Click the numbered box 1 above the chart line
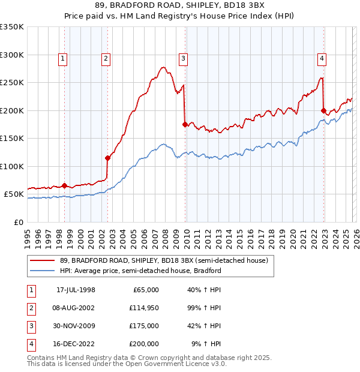pyautogui.click(x=64, y=58)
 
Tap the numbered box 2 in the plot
pyautogui.click(x=106, y=58)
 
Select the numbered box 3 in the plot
pyautogui.click(x=183, y=58)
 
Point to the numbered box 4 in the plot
pyautogui.click(x=322, y=58)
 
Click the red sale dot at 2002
pyautogui.click(x=107, y=158)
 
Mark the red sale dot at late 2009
pyautogui.click(x=185, y=125)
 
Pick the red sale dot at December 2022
pyautogui.click(x=323, y=110)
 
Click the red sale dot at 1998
pyautogui.click(x=64, y=186)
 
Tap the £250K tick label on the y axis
pyautogui.click(x=12, y=83)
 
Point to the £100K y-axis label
pyautogui.click(x=12, y=166)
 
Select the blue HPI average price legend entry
pyautogui.click(x=140, y=271)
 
